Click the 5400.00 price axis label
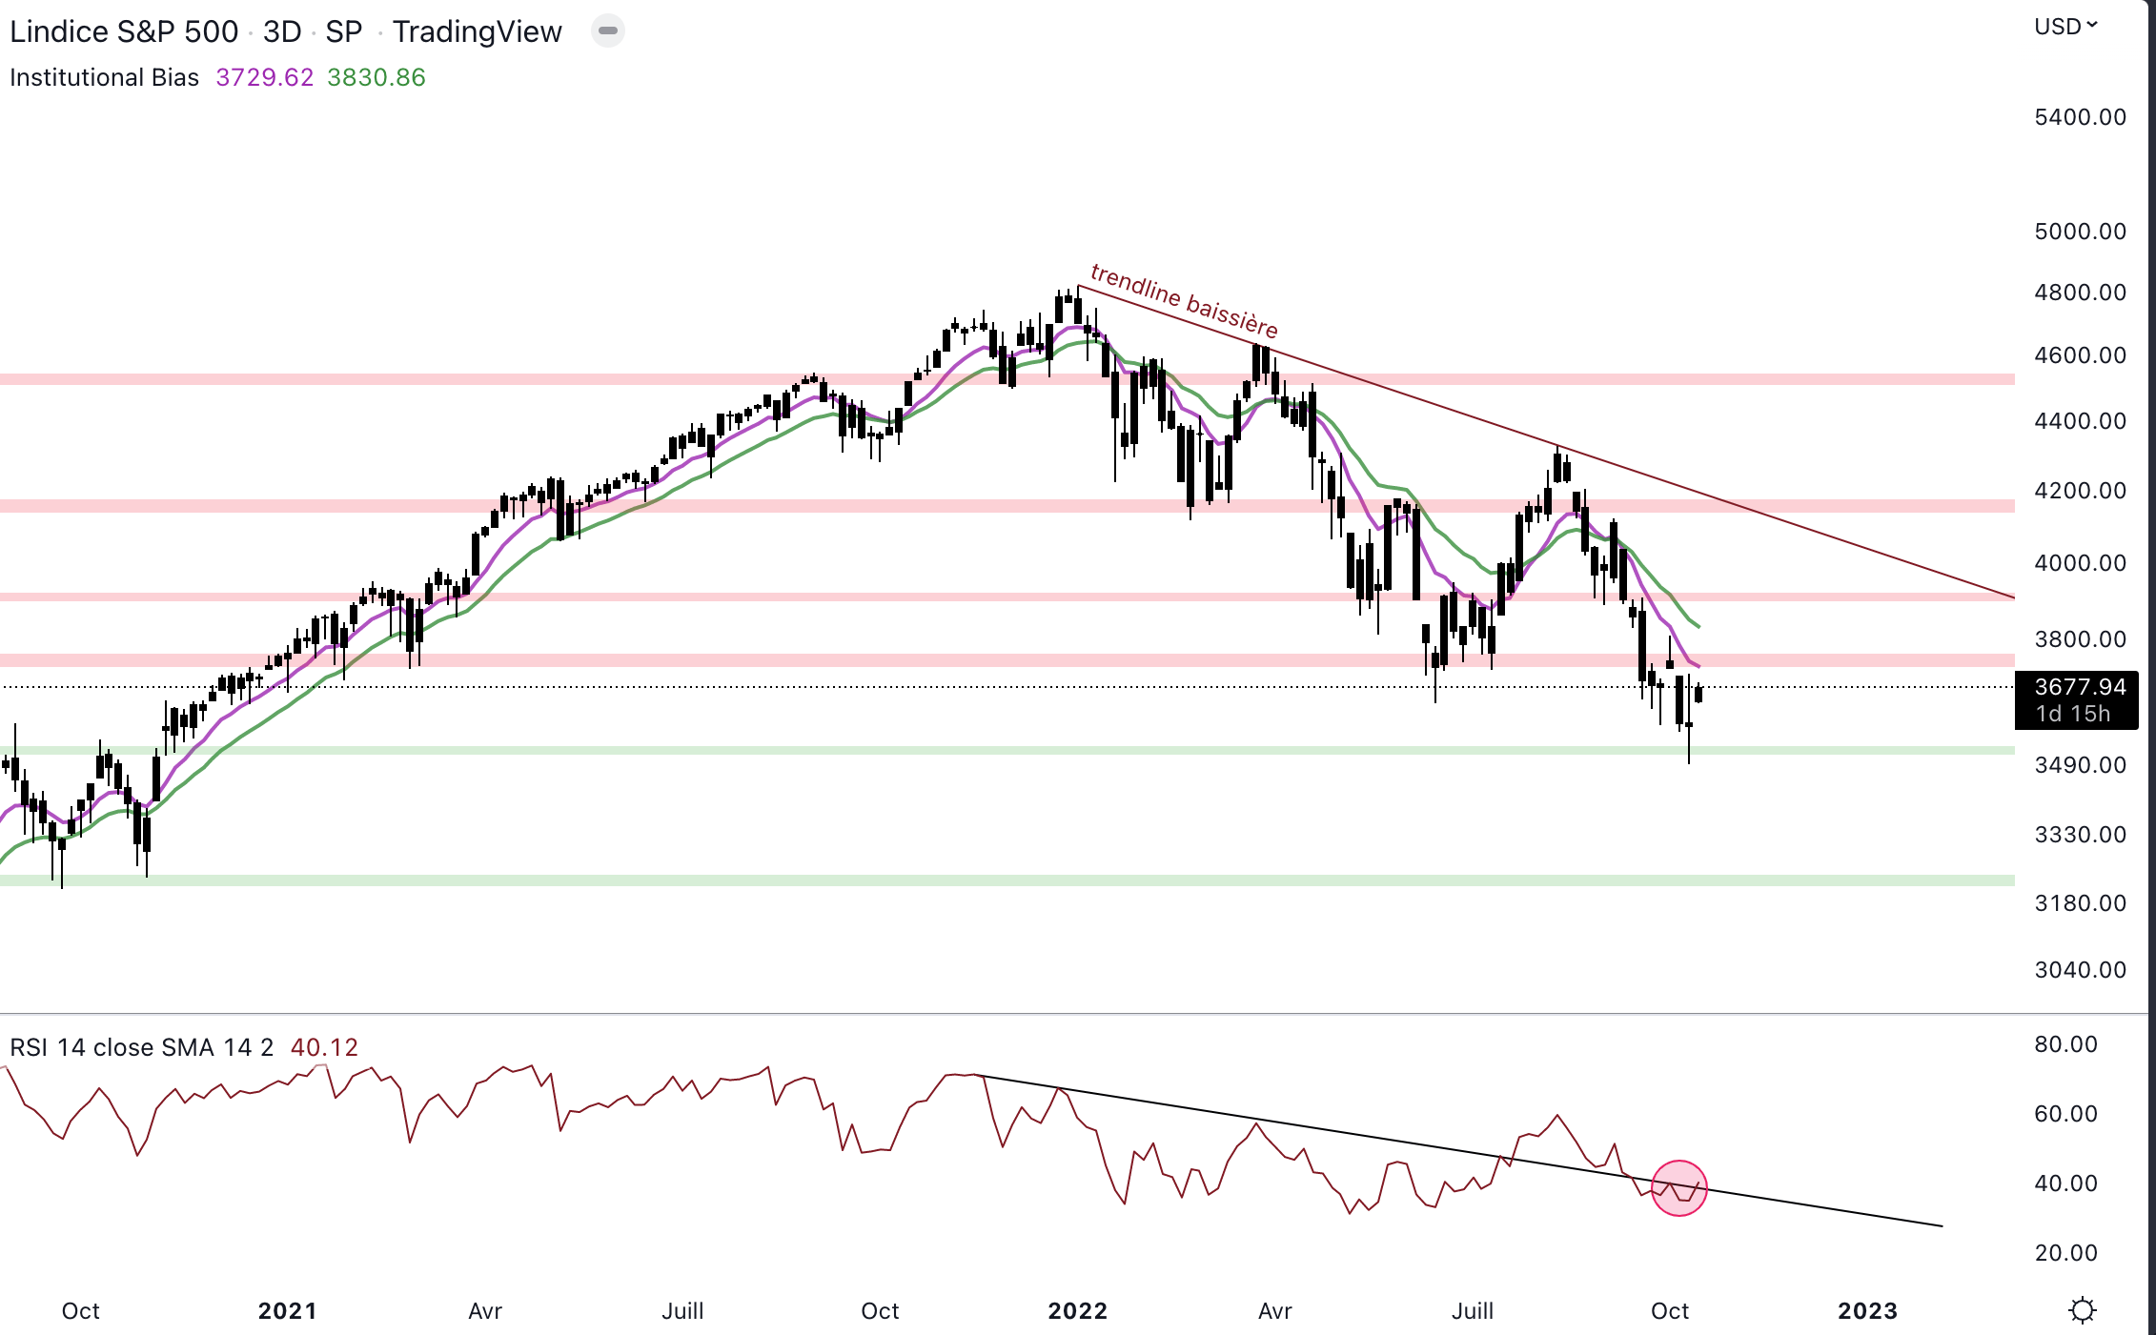coord(2080,117)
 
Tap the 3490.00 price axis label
coord(2080,765)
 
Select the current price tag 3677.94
coord(2079,687)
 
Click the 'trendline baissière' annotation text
coord(1184,300)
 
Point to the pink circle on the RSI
coord(1678,1188)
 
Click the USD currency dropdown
coord(2065,27)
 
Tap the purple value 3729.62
coord(264,77)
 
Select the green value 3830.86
coord(376,77)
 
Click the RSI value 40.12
coord(324,1047)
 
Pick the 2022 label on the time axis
coord(1077,1311)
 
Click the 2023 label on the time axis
coord(1867,1311)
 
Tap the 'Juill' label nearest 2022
coord(1472,1311)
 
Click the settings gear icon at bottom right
coord(2083,1311)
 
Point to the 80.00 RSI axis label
coord(2065,1044)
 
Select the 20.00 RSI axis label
coord(2065,1253)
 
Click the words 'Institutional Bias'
coord(104,77)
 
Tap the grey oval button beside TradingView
coord(608,31)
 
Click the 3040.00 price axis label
coord(2080,970)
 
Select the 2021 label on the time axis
coord(287,1311)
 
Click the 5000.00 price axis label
coord(2080,232)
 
